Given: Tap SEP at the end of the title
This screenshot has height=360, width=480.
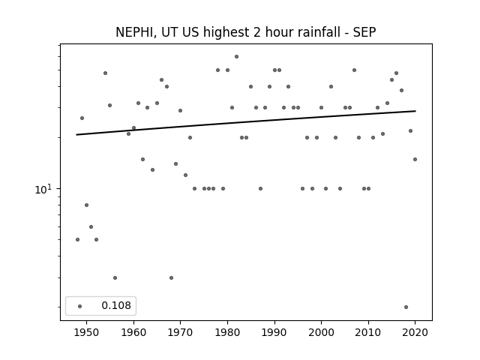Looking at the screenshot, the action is tap(364, 32).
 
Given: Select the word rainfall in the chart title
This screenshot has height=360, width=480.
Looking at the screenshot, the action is tap(318, 32).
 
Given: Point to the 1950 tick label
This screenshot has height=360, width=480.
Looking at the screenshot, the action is tap(87, 332).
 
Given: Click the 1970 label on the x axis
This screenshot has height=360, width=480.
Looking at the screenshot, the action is tap(180, 332).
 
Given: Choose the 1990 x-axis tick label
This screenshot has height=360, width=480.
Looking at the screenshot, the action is tap(274, 332).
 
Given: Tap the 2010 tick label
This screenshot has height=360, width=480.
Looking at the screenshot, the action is tap(368, 332).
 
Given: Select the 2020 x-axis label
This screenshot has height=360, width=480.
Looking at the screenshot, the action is tap(415, 332).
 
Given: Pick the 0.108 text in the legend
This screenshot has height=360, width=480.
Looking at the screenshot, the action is tap(116, 305).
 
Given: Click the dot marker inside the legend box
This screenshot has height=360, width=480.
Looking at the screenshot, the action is tap(79, 306).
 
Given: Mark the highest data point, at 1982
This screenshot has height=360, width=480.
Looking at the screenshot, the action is tap(237, 57).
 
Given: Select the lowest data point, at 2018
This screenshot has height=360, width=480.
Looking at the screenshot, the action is tap(406, 307).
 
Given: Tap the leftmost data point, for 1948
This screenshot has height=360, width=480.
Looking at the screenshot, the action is tap(77, 240).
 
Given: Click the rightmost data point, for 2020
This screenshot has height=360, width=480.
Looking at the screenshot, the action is tap(415, 160).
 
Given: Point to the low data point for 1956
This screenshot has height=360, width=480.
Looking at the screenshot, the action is tap(115, 278).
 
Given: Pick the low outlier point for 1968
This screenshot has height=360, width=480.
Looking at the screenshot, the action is tap(172, 278).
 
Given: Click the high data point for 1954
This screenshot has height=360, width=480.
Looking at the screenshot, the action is tap(105, 73).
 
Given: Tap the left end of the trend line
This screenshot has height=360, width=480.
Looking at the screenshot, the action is tap(76, 135).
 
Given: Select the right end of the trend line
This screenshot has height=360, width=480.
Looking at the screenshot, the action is tap(415, 111).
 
